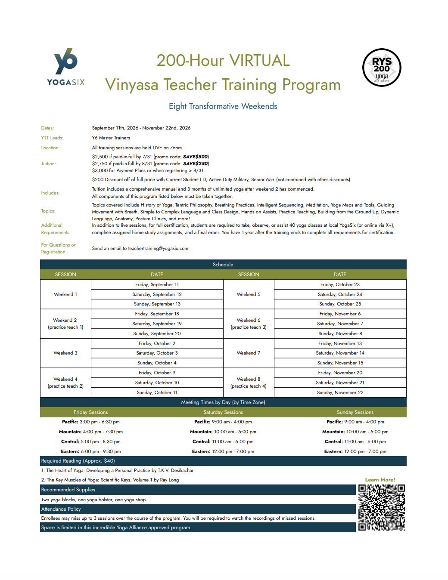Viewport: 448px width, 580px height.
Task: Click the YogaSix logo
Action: [x=66, y=67]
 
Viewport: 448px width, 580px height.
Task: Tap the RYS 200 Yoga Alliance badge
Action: [x=382, y=68]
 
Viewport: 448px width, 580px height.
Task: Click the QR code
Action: [x=382, y=507]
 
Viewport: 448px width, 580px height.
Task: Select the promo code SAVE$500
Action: [x=196, y=157]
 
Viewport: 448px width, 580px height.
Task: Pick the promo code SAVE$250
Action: [x=196, y=164]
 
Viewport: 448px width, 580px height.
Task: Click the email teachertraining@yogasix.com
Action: [x=158, y=248]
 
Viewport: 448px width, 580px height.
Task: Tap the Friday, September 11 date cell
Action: [x=157, y=284]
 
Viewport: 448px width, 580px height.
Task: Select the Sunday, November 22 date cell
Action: [x=340, y=392]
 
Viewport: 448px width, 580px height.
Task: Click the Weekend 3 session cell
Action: [x=65, y=353]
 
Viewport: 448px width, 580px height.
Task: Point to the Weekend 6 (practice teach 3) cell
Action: [x=249, y=324]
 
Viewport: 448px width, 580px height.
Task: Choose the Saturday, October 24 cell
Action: [x=340, y=294]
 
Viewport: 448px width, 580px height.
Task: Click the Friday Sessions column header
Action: [x=90, y=412]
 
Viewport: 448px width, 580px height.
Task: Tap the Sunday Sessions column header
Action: [x=355, y=412]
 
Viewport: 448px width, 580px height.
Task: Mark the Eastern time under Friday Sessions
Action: [x=91, y=451]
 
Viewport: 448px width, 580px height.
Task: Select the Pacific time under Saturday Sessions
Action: [x=223, y=422]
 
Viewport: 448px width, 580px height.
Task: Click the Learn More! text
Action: [x=380, y=480]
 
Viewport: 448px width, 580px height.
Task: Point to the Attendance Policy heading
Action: [x=61, y=509]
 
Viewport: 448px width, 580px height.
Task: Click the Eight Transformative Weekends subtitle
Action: [x=223, y=106]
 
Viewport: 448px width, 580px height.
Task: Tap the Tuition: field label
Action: [x=49, y=164]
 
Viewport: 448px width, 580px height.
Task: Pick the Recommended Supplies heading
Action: [x=68, y=490]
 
